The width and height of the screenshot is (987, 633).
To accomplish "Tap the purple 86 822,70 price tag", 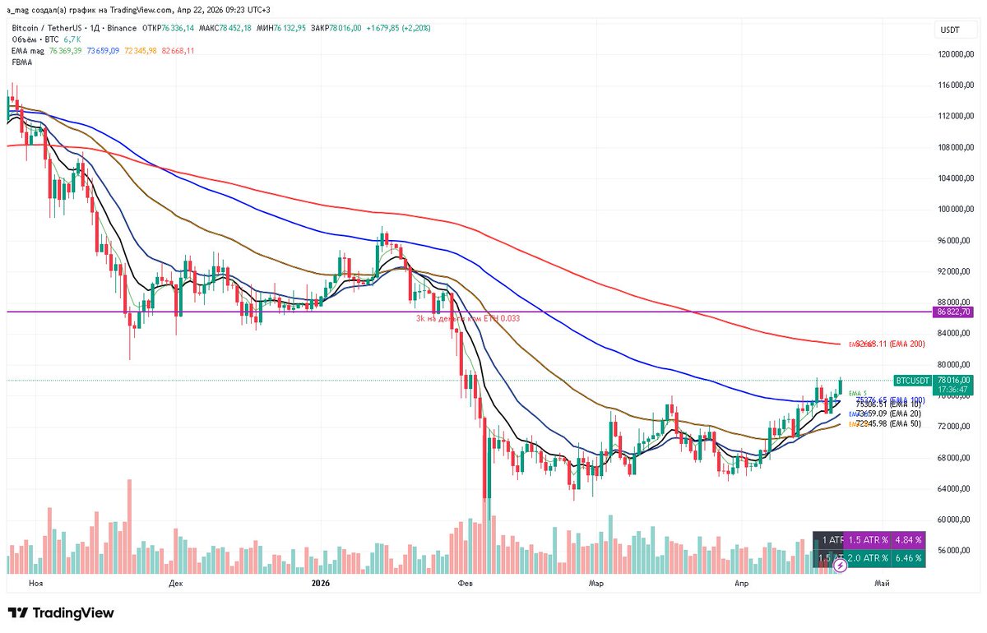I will [954, 312].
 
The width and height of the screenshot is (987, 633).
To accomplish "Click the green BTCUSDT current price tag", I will [912, 381].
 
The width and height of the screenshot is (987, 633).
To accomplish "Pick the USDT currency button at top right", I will [950, 30].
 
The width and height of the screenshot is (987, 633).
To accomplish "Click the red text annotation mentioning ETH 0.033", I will [467, 318].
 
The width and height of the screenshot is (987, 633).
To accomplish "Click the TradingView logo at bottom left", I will [61, 613].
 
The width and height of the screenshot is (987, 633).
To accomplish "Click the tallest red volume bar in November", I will [129, 526].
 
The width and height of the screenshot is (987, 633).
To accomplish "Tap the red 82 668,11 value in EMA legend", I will [178, 51].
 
